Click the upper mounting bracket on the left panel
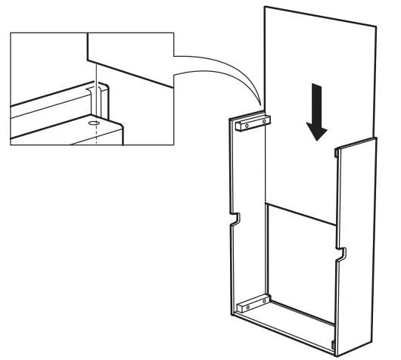[253, 121]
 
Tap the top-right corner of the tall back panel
[377, 25]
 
